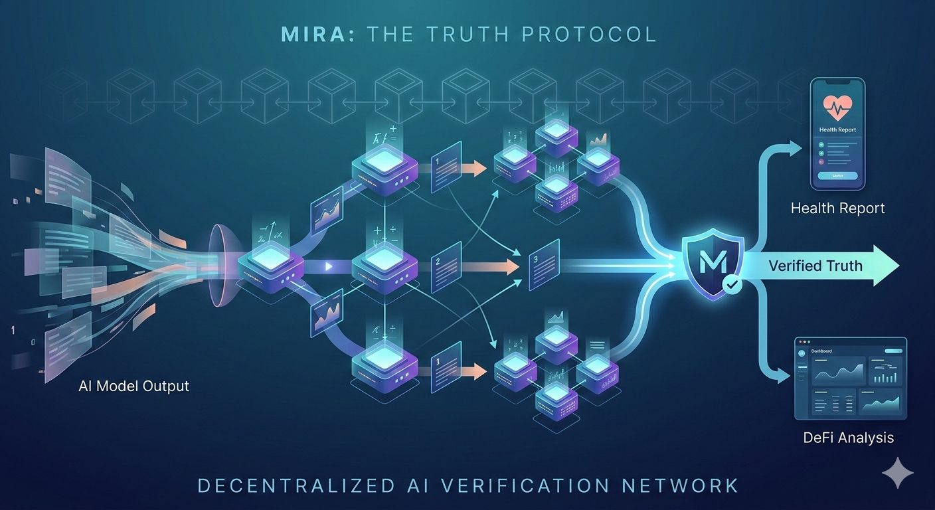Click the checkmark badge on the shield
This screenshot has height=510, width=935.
(732, 286)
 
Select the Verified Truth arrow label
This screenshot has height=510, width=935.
(815, 266)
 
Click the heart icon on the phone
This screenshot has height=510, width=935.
(837, 106)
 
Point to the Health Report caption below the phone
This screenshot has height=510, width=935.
(837, 209)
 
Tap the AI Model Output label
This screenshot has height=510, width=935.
(133, 386)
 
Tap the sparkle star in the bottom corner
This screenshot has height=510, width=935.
(897, 472)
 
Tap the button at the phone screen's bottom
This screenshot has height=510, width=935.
(837, 176)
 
